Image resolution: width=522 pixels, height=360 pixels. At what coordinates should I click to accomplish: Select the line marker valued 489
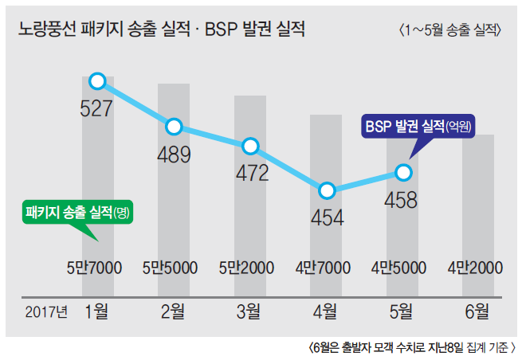click(x=175, y=127)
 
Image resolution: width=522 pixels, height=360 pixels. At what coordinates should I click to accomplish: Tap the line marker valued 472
click(x=250, y=146)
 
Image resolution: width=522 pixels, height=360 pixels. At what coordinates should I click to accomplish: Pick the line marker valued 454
click(x=327, y=191)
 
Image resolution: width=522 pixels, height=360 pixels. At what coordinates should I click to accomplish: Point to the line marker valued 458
click(x=402, y=171)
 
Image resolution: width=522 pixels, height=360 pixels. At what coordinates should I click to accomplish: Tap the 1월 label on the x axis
click(x=97, y=311)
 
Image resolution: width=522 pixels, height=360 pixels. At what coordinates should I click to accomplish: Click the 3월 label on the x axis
click(x=249, y=311)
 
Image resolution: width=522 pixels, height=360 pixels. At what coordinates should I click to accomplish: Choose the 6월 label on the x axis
click(x=478, y=311)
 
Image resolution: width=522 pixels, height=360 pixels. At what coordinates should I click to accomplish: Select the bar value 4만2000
click(x=476, y=268)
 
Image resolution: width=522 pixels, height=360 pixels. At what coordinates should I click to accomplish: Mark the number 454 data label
click(x=327, y=217)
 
